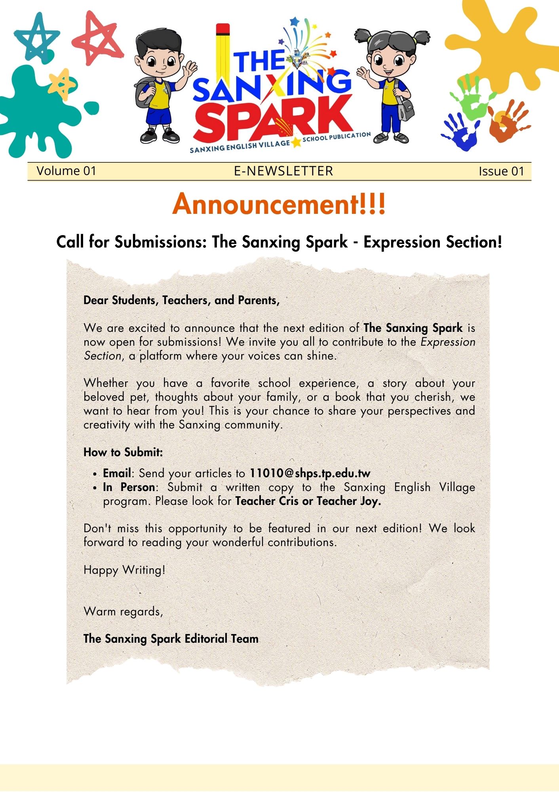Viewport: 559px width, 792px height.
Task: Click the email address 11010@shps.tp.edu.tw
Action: pyautogui.click(x=310, y=473)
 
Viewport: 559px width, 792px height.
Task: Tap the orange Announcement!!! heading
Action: pyautogui.click(x=279, y=204)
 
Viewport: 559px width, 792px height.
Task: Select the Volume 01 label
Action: pyautogui.click(x=66, y=171)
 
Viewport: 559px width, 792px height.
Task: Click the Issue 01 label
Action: pyautogui.click(x=501, y=171)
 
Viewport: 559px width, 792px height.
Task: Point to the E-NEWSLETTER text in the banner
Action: pyautogui.click(x=283, y=171)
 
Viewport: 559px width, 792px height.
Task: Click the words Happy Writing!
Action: pyautogui.click(x=124, y=570)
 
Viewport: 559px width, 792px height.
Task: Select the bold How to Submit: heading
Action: pyautogui.click(x=123, y=452)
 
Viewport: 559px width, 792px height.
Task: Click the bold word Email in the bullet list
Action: pyautogui.click(x=117, y=473)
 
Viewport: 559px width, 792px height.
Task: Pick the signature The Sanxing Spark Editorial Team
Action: pyautogui.click(x=171, y=639)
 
